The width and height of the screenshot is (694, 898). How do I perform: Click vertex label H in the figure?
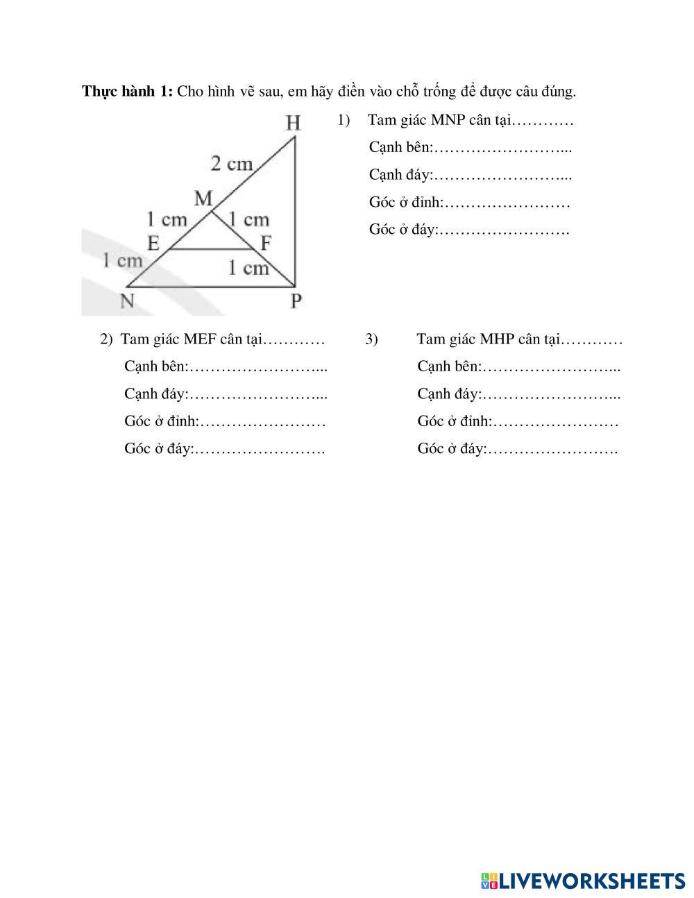(x=294, y=123)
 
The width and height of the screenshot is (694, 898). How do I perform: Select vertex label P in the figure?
(x=296, y=300)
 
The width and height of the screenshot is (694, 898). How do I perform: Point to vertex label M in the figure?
(x=203, y=199)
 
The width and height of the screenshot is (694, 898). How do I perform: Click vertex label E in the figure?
(x=153, y=243)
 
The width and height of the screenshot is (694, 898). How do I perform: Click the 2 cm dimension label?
(x=232, y=164)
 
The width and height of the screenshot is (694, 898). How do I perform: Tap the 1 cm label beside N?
(x=122, y=260)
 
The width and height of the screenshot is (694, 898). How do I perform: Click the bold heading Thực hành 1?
(x=127, y=91)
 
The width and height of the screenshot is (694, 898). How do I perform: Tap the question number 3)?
(x=371, y=339)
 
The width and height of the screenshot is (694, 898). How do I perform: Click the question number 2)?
(x=105, y=339)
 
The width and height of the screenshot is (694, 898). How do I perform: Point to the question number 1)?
(x=344, y=120)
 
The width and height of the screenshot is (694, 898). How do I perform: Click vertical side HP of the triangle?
(x=295, y=208)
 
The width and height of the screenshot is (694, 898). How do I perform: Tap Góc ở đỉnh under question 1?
(x=405, y=203)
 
